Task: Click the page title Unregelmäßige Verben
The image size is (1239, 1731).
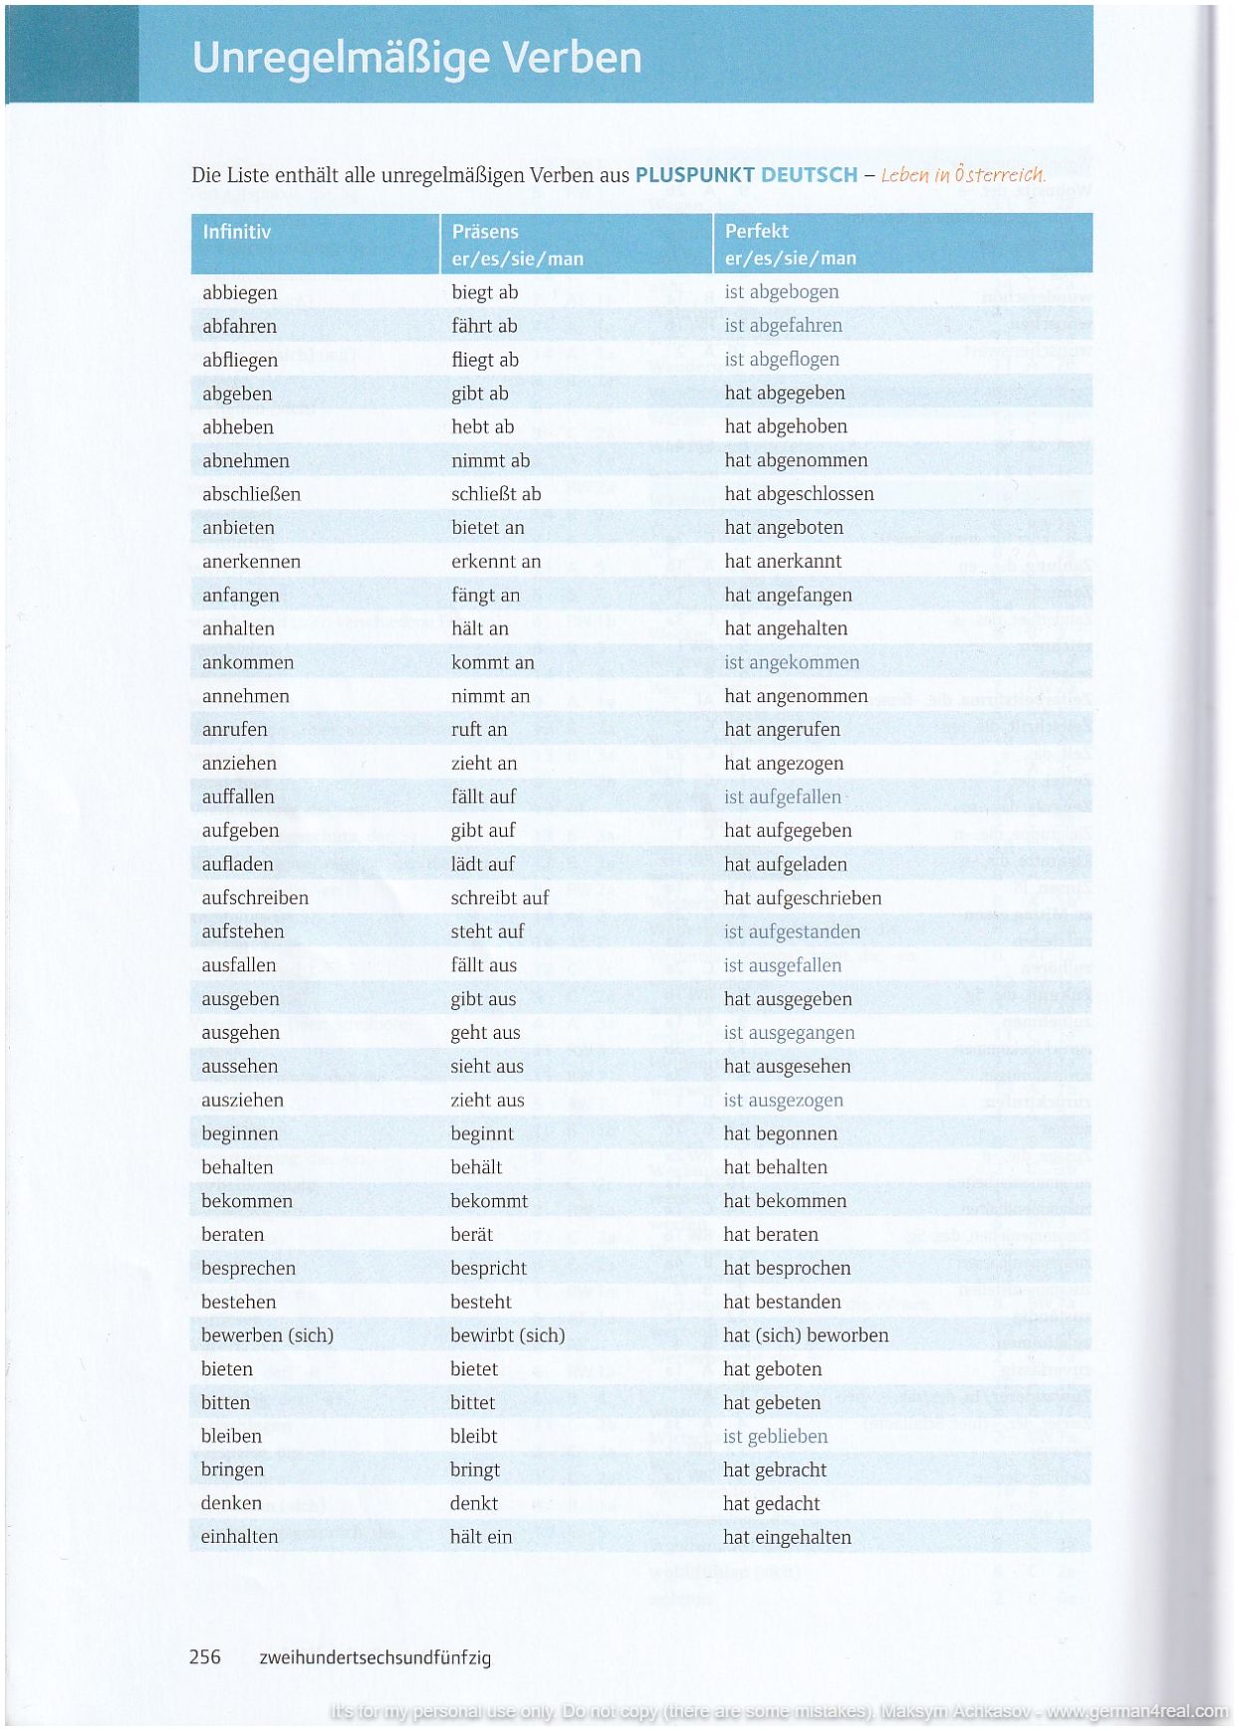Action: pyautogui.click(x=416, y=58)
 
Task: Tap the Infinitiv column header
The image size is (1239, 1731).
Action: pyautogui.click(x=236, y=232)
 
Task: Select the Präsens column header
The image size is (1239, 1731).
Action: pyautogui.click(x=485, y=232)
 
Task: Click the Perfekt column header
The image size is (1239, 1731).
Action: pyautogui.click(x=756, y=231)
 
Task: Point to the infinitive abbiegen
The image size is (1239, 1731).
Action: pyautogui.click(x=239, y=293)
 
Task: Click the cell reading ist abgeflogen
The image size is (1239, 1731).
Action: pyautogui.click(x=781, y=360)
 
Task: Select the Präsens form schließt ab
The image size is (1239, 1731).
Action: pyautogui.click(x=496, y=494)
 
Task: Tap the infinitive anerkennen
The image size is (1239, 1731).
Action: pyautogui.click(x=251, y=562)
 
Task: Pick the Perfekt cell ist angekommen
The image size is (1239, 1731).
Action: pyautogui.click(x=791, y=662)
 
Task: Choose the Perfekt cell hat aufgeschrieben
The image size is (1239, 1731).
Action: pyautogui.click(x=802, y=898)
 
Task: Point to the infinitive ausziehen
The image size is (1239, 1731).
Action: pyautogui.click(x=242, y=1101)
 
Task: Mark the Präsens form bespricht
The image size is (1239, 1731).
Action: pyautogui.click(x=488, y=1269)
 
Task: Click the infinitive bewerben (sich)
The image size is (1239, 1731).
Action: pyautogui.click(x=267, y=1336)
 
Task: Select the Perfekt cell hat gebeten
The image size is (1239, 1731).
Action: pyautogui.click(x=772, y=1403)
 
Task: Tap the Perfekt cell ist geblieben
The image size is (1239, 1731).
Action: pyautogui.click(x=775, y=1437)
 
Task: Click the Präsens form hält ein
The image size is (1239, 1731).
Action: pyautogui.click(x=480, y=1538)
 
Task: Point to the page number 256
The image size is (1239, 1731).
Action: pyautogui.click(x=205, y=1657)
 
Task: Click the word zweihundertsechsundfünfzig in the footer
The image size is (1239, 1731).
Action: pyautogui.click(x=374, y=1658)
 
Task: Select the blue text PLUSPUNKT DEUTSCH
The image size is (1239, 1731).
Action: pyautogui.click(x=746, y=175)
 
